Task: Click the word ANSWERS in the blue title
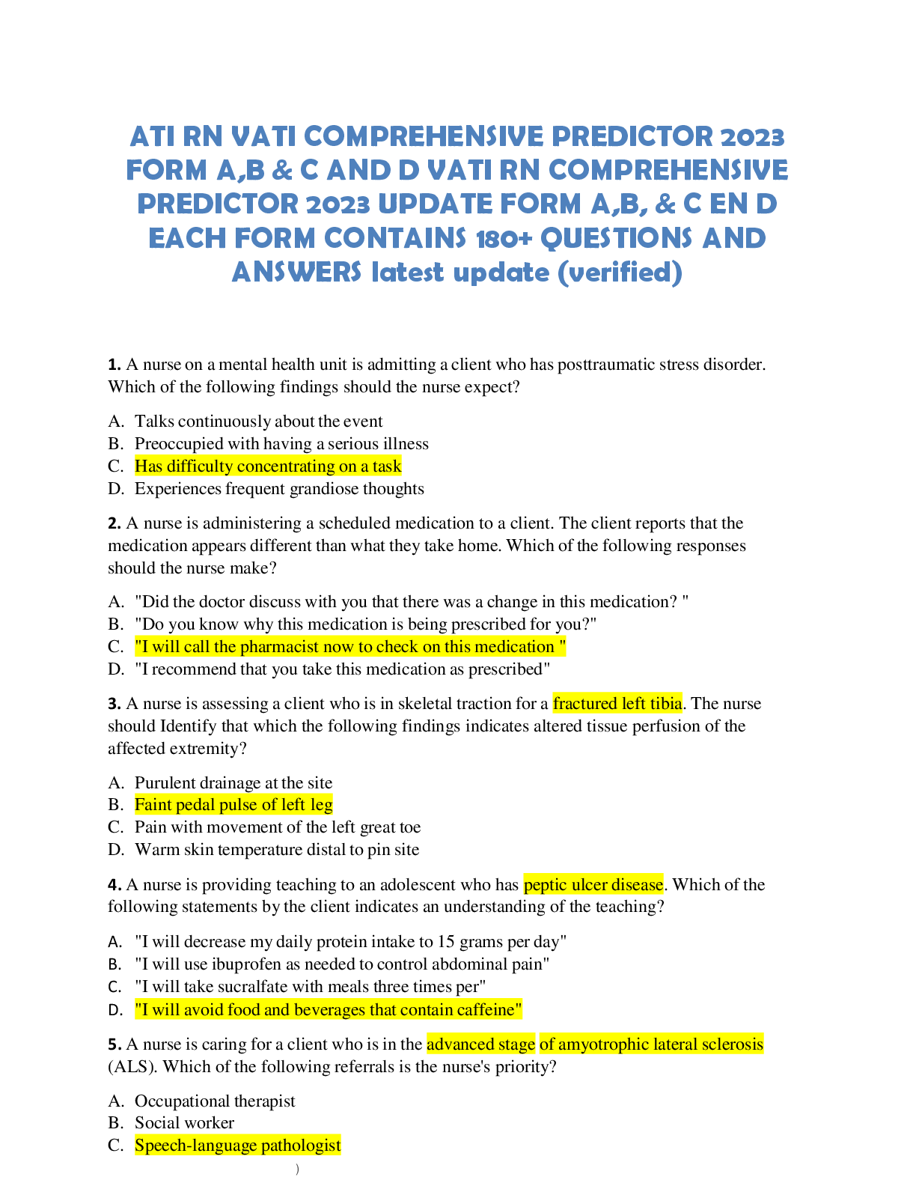296,272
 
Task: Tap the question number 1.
114,364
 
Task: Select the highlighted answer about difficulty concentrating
268,466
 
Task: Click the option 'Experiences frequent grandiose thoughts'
279,488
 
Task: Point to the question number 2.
114,523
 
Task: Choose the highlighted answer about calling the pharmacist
350,646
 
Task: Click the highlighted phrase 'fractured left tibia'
617,703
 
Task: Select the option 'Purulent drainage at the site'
233,782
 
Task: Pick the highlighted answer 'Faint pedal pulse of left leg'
233,804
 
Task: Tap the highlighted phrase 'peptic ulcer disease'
593,884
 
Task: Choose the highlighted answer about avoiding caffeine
329,1010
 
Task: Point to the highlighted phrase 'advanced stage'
480,1044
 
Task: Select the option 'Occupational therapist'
215,1101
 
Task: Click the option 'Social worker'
184,1122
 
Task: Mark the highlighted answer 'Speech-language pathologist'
238,1145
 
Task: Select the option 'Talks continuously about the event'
259,422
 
